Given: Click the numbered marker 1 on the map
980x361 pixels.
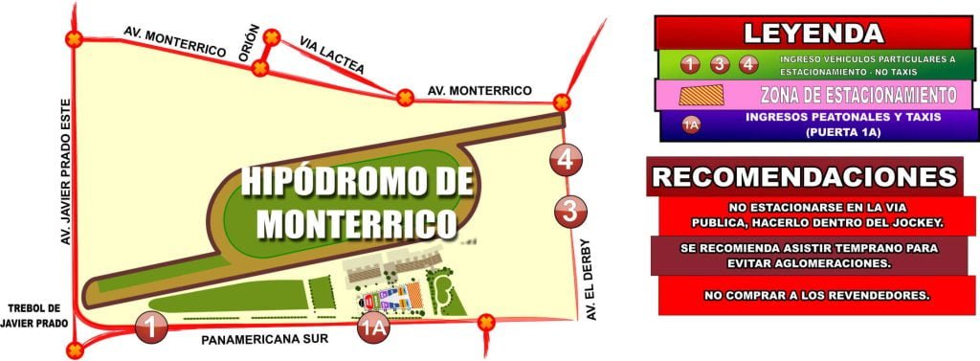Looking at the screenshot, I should click(150, 327).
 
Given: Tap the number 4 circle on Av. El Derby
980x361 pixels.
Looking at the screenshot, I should click(568, 160).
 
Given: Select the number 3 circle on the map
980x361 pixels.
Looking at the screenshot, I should click(570, 209).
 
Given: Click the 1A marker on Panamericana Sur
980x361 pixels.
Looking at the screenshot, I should click(374, 328).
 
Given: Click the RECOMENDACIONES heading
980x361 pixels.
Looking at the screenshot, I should click(804, 177).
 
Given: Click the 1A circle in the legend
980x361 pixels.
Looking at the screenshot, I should click(690, 124).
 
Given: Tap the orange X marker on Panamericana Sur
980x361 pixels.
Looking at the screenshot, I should click(484, 323).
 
